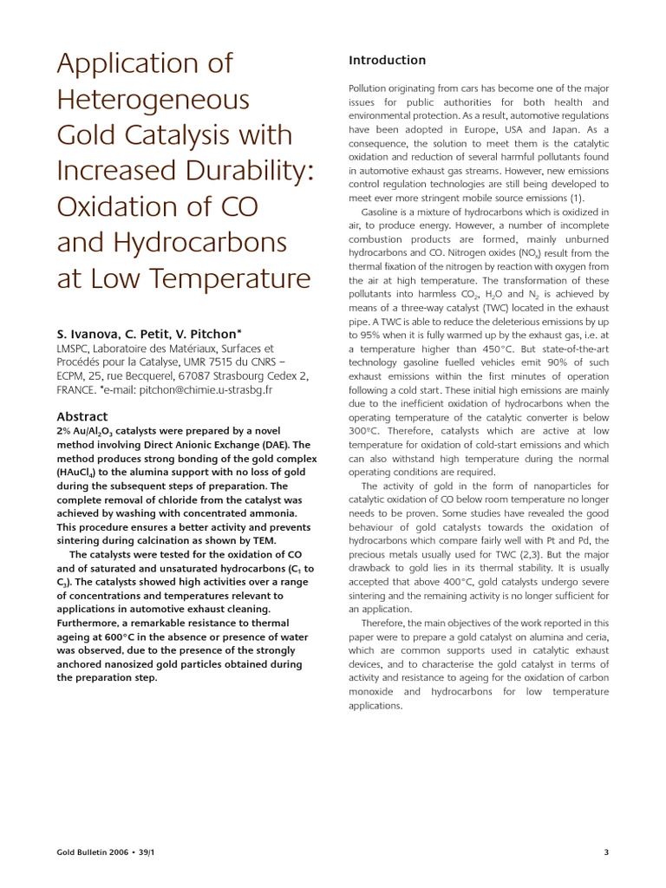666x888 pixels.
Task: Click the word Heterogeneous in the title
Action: [x=153, y=101]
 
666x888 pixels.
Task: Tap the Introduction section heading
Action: [x=387, y=60]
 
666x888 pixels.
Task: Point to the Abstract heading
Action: [x=82, y=416]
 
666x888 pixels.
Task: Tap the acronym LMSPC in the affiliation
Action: [x=76, y=349]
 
